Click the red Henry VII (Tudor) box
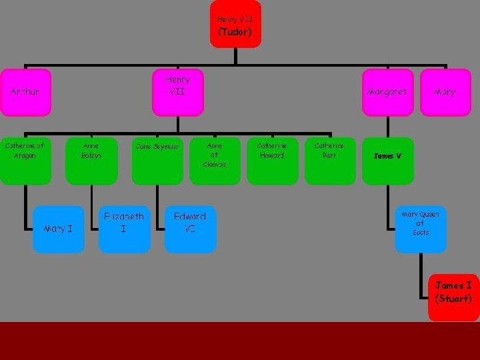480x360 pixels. pyautogui.click(x=235, y=24)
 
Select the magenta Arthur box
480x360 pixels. pyautogui.click(x=25, y=92)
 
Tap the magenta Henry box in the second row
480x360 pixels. pyautogui.click(x=177, y=92)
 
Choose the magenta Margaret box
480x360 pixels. pyautogui.click(x=387, y=92)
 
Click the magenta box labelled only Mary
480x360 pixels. pyautogui.click(x=445, y=92)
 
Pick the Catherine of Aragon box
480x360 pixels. pyautogui.click(x=25, y=160)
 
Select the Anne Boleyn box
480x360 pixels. pyautogui.click(x=91, y=160)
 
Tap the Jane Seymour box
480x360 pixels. pyautogui.click(x=157, y=160)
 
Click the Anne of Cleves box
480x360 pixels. pyautogui.click(x=215, y=160)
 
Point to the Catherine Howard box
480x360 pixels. pyautogui.click(x=272, y=160)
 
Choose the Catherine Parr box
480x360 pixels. pyautogui.click(x=329, y=160)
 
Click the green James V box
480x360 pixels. pyautogui.click(x=387, y=160)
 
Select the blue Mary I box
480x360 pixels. pyautogui.click(x=59, y=229)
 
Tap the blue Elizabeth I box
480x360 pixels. pyautogui.click(x=124, y=229)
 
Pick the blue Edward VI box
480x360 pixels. pyautogui.click(x=190, y=229)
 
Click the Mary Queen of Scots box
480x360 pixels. pyautogui.click(x=421, y=229)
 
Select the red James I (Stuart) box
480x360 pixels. pyautogui.click(x=453, y=297)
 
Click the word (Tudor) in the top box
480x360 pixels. pyautogui.click(x=235, y=32)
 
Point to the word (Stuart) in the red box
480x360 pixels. pyautogui.click(x=453, y=299)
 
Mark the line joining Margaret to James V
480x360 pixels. pyautogui.click(x=387, y=127)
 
